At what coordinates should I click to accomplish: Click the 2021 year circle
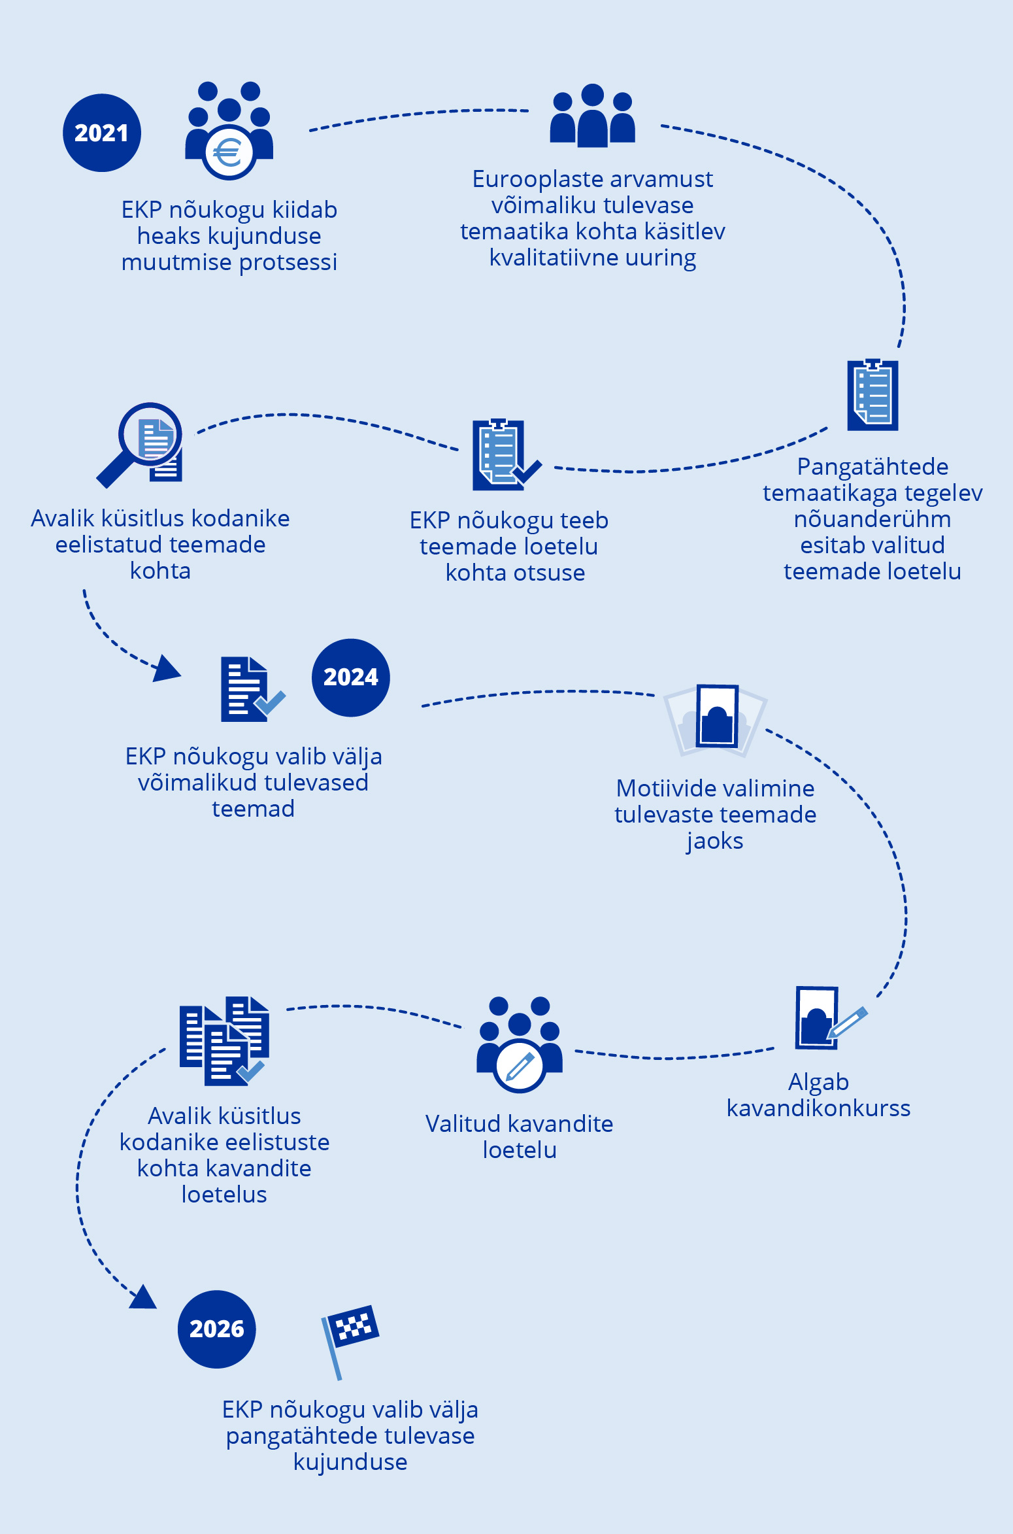coord(102,133)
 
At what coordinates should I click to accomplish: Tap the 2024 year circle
coord(351,677)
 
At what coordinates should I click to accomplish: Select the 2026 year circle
coord(217,1329)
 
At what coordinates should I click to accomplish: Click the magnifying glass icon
coord(140,443)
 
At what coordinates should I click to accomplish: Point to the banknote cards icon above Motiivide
coord(716,719)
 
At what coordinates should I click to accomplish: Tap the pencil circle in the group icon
coord(520,1066)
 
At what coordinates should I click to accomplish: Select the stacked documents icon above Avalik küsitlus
coord(224,1041)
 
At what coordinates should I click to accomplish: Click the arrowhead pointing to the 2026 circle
coord(143,1297)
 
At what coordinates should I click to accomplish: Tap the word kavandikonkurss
coord(818,1108)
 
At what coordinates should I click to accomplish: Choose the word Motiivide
coord(659,789)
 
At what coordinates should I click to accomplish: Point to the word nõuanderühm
coord(872,519)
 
